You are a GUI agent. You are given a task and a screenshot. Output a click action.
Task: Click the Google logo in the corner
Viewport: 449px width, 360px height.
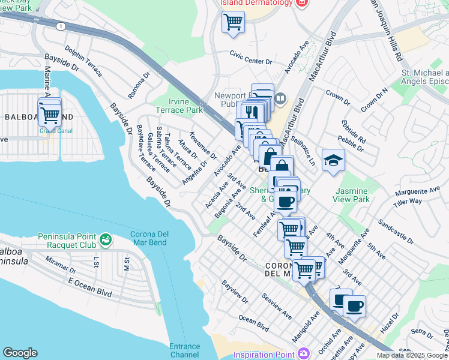tap(20, 353)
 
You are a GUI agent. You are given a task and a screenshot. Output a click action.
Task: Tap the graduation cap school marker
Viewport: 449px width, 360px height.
tap(333, 160)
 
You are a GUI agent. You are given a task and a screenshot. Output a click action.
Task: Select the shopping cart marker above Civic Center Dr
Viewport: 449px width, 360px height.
tap(233, 23)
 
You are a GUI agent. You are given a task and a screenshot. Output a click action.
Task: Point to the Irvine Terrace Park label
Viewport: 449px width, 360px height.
tap(179, 106)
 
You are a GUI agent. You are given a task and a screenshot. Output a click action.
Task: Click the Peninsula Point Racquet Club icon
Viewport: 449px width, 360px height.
tap(106, 241)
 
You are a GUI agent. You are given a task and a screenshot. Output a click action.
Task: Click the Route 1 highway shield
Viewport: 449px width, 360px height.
tap(61, 26)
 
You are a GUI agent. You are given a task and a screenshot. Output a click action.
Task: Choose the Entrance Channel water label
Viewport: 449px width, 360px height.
tap(184, 350)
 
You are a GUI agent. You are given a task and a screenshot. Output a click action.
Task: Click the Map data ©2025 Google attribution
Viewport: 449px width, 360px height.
tap(412, 355)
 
